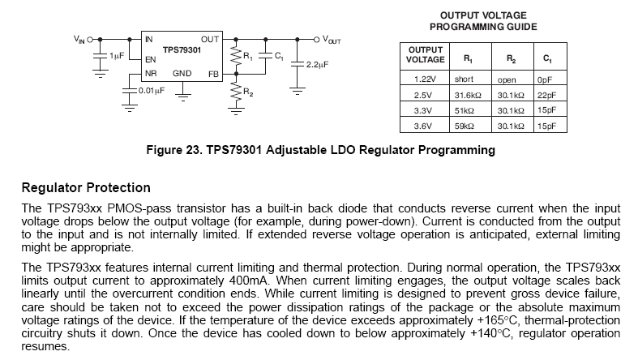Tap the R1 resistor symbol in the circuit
pyautogui.click(x=236, y=57)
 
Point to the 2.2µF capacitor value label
pyautogui.click(x=317, y=62)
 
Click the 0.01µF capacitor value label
pyautogui.click(x=152, y=91)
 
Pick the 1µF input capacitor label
pyautogui.click(x=117, y=56)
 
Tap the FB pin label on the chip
pyautogui.click(x=213, y=74)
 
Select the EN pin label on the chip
pyautogui.click(x=150, y=59)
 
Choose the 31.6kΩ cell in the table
pyautogui.click(x=469, y=95)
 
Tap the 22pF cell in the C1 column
pyautogui.click(x=545, y=95)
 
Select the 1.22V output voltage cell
pyautogui.click(x=426, y=79)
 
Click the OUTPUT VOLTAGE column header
pyautogui.click(x=426, y=54)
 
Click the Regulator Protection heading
pyautogui.click(x=86, y=188)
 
